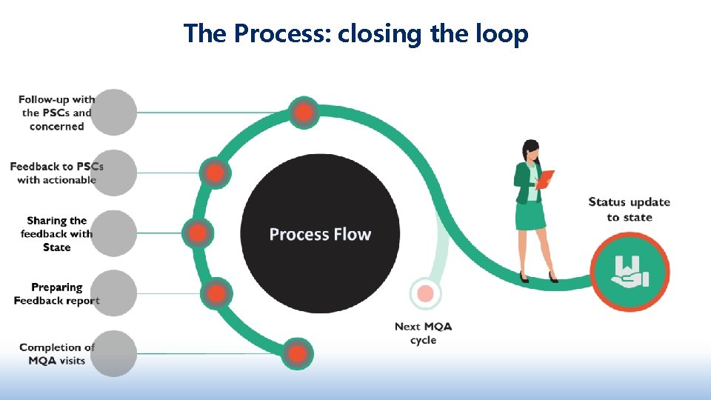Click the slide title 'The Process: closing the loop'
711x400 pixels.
tap(355, 33)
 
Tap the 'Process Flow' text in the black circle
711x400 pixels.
tap(320, 235)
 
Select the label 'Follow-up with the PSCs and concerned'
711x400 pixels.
tap(57, 113)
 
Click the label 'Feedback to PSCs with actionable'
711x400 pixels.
tap(57, 173)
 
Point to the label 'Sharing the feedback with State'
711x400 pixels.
tap(57, 233)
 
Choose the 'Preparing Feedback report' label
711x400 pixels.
tap(57, 293)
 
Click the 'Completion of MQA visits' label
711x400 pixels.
tap(57, 353)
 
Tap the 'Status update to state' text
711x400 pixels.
tap(629, 209)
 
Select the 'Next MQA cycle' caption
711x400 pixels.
tap(423, 333)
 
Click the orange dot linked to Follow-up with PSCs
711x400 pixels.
tap(304, 113)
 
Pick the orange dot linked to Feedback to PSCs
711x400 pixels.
tap(215, 174)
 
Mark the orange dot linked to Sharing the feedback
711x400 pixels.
tap(198, 233)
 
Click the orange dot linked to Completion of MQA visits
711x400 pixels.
tap(297, 354)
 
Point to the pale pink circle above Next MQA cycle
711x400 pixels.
tap(425, 294)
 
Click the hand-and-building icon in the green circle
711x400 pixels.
tap(630, 271)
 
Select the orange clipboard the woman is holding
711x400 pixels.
tap(545, 179)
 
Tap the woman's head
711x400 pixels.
tap(531, 150)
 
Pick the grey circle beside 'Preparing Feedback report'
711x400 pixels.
tap(115, 293)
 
